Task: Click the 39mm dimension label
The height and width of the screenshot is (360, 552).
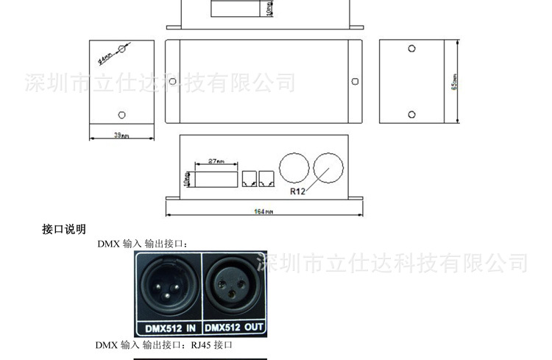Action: pos(121,135)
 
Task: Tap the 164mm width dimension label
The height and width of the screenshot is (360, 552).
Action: pos(264,212)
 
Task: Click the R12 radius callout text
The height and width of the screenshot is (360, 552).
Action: pos(297,191)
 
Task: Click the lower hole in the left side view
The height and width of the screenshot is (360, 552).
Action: pos(121,114)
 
